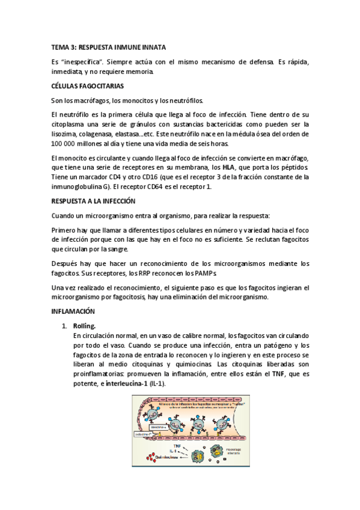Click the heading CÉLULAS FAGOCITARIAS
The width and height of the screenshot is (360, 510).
coord(88,86)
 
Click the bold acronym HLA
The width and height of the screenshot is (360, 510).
coord(228,167)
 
